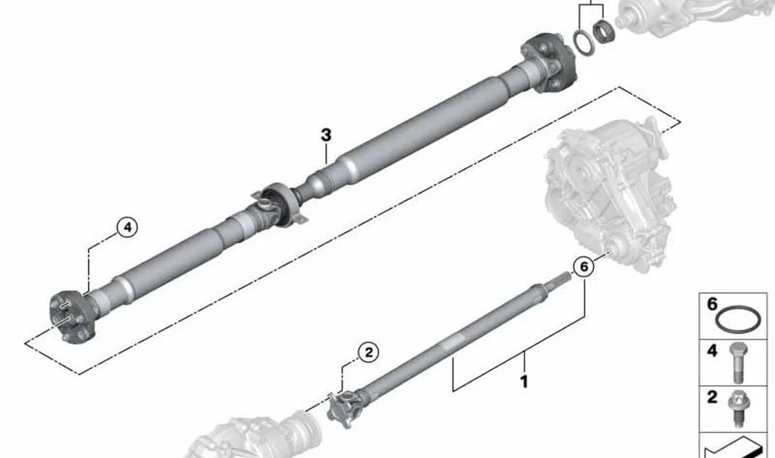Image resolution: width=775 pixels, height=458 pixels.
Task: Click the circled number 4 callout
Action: pos(127,228)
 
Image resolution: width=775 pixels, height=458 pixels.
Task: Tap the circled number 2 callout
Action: pos(369,352)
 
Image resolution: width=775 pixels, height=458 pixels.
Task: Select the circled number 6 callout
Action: pos(584,267)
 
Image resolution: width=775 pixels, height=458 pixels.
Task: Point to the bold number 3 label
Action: pos(326,135)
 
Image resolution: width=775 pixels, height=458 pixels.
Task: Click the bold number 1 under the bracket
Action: pos(524,382)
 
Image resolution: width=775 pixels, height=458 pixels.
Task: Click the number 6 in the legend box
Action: pos(712,305)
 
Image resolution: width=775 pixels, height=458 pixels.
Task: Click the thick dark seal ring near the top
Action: pos(604,31)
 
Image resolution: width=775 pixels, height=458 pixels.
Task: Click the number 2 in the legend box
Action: pos(712,397)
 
